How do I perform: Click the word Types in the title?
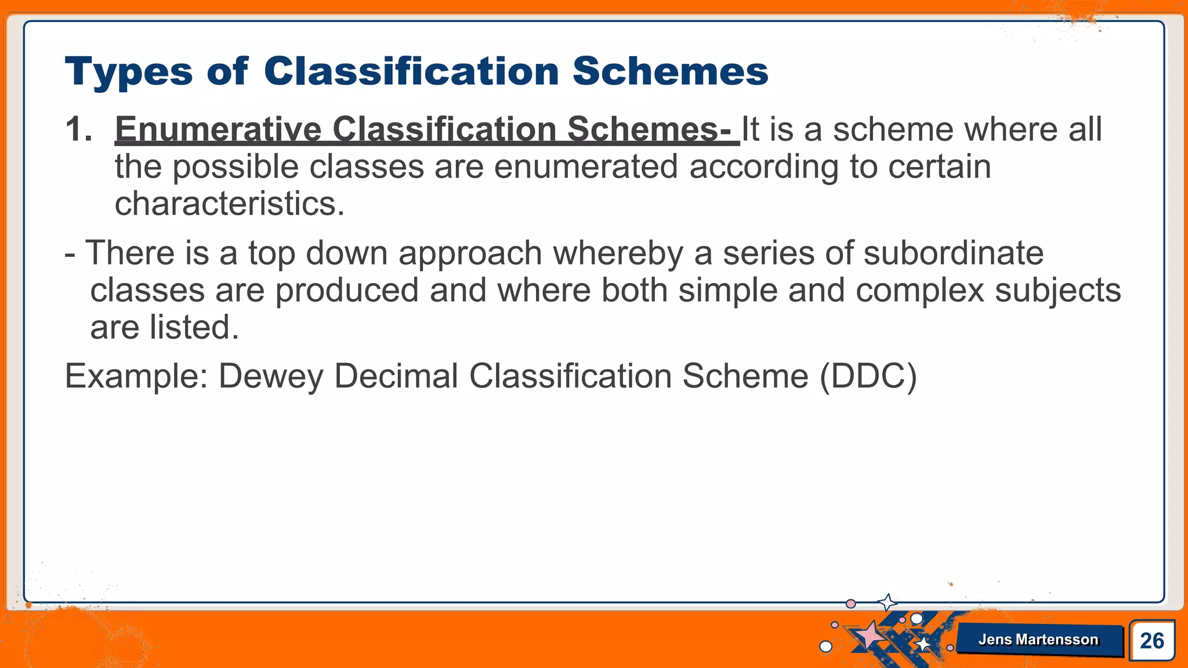(128, 72)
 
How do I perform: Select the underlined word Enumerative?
(218, 129)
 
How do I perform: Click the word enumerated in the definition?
(586, 167)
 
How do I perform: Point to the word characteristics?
(230, 204)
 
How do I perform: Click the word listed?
(194, 328)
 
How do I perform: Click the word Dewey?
(270, 376)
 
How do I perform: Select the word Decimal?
(396, 376)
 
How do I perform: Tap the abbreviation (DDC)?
(868, 376)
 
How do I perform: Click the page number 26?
(1151, 641)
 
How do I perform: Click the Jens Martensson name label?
(1038, 640)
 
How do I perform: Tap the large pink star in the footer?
(870, 635)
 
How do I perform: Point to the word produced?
(346, 291)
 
